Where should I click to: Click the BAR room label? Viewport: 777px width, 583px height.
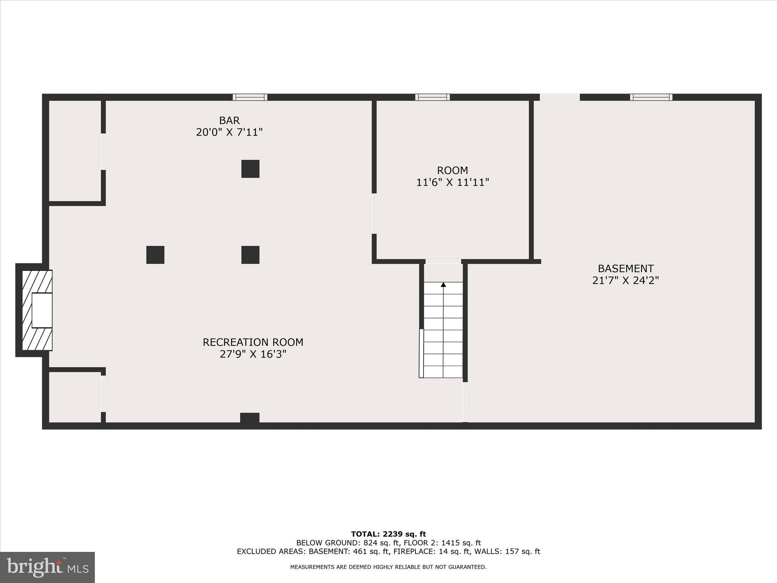pos(229,121)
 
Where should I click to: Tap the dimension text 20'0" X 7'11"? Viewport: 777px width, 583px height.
pos(229,132)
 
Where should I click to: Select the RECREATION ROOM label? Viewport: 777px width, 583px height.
pos(253,342)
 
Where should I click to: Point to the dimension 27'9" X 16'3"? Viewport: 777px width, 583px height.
pos(253,354)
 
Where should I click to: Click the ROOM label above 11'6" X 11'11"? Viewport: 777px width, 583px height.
pos(452,170)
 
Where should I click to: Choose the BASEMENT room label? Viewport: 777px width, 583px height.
pos(625,269)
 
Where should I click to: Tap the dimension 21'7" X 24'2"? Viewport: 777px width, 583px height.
pos(625,280)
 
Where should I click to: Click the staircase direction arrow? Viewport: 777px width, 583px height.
pos(443,285)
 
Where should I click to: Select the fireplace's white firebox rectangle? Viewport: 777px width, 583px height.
pos(42,310)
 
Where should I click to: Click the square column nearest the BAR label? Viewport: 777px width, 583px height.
pos(250,169)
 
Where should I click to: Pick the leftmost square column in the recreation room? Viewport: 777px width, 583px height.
pos(155,255)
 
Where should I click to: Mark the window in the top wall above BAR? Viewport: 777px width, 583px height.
pos(250,97)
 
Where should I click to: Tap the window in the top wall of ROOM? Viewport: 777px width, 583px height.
pos(432,97)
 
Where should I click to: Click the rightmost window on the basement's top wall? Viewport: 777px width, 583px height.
pos(651,97)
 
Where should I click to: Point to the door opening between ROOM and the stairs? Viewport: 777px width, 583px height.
pos(443,262)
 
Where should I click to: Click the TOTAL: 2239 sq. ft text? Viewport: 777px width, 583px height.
pos(388,534)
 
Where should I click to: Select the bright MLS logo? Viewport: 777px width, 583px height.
pos(47,567)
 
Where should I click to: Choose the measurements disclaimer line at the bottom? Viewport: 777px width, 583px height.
pos(388,567)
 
